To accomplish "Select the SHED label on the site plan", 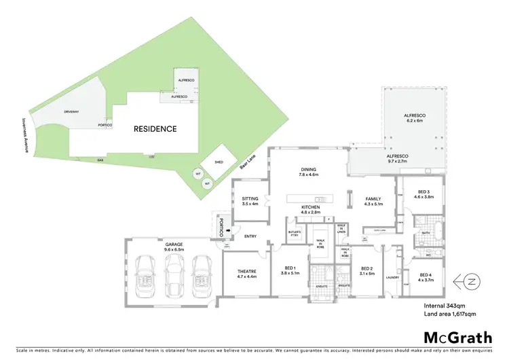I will [x=219, y=162].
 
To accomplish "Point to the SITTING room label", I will [x=250, y=201].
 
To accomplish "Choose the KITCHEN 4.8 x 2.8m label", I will [x=310, y=209].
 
